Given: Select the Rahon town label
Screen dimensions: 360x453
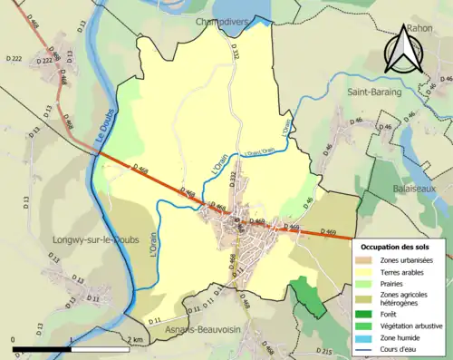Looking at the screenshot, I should tap(419, 28).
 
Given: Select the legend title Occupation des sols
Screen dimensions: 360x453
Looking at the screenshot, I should tap(396, 247).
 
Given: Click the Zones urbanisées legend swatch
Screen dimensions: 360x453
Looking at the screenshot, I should tap(368, 260).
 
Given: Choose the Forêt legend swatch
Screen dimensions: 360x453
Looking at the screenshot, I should tap(368, 314).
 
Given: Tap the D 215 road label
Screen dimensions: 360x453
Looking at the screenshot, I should tap(329, 349).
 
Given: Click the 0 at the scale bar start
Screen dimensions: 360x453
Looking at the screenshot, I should tap(14, 340).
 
